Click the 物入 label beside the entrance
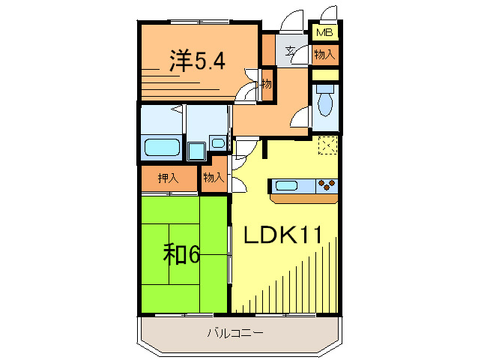324,54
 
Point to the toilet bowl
326,101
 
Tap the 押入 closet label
168,178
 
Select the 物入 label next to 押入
214,178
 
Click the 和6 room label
182,255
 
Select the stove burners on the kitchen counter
327,184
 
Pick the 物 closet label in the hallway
266,83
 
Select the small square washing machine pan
196,151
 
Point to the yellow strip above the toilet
326,75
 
